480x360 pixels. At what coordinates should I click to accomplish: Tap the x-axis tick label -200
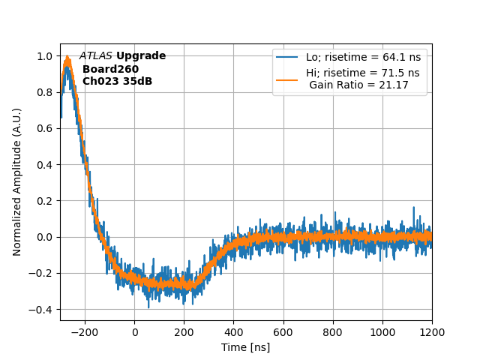pyautogui.click(x=85, y=332)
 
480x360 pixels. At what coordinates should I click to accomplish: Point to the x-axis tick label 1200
pyautogui.click(x=432, y=332)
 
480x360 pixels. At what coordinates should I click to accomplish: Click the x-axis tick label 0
pyautogui.click(x=135, y=332)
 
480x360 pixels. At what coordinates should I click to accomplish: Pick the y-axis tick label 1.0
pyautogui.click(x=46, y=56)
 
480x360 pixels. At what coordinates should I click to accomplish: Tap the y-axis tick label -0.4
pyautogui.click(x=43, y=310)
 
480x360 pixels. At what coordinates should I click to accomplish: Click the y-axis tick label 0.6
pyautogui.click(x=46, y=129)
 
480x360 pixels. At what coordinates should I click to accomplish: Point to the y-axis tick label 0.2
pyautogui.click(x=46, y=201)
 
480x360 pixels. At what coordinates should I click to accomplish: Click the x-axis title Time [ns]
pyautogui.click(x=245, y=347)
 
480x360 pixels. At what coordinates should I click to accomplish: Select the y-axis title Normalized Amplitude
pyautogui.click(x=17, y=181)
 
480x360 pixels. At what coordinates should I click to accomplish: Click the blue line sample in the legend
pyautogui.click(x=287, y=57)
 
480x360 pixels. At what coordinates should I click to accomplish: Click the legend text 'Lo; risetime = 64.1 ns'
pyautogui.click(x=362, y=57)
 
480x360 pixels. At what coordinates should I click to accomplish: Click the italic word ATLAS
pyautogui.click(x=96, y=56)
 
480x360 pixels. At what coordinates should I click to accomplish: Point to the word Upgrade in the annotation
pyautogui.click(x=141, y=56)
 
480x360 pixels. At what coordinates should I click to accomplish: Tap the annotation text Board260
pyautogui.click(x=110, y=69)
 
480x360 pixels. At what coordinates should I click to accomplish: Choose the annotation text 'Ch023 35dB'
pyautogui.click(x=117, y=81)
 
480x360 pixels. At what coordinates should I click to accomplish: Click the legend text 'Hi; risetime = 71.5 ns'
pyautogui.click(x=362, y=73)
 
